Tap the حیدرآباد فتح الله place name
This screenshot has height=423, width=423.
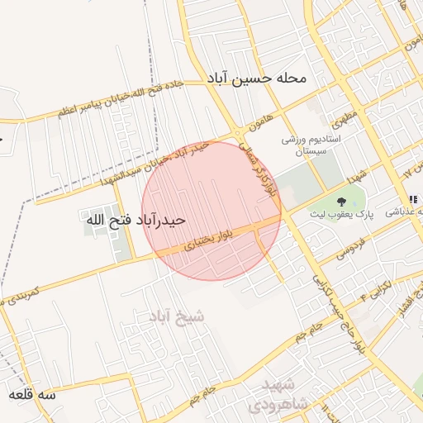click(x=134, y=221)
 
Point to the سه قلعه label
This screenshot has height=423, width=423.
click(x=32, y=395)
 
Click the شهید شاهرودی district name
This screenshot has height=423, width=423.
click(x=280, y=395)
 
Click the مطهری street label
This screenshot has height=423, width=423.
click(x=347, y=111)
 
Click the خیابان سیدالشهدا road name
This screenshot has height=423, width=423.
click(x=132, y=169)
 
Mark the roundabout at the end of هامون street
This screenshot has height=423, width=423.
click(x=237, y=133)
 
